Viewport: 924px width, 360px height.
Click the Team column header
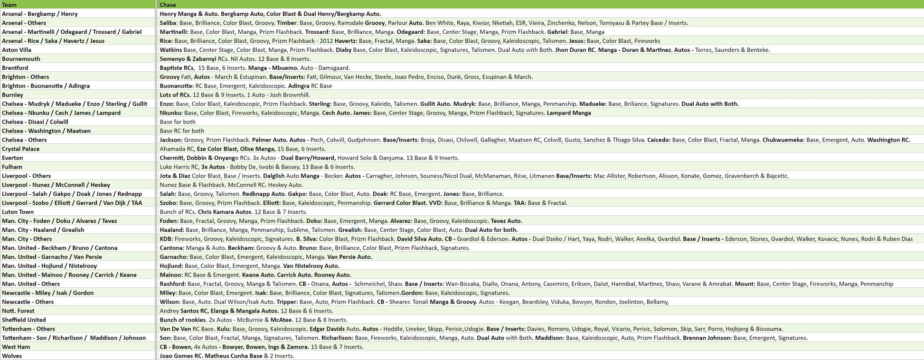coord(9,5)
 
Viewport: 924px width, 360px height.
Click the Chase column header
coord(168,5)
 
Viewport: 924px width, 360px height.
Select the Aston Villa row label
coord(17,50)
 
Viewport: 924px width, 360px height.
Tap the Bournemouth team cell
coord(21,59)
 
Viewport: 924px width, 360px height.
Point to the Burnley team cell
coord(12,95)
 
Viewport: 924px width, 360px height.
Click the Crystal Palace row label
coord(21,149)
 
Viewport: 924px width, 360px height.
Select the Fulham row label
coord(12,167)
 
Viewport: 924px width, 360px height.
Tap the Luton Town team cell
coord(18,212)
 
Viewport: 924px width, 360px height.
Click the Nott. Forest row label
coord(18,311)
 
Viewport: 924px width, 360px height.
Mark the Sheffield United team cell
coord(24,320)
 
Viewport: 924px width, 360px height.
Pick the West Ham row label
coord(16,347)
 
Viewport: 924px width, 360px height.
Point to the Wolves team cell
coord(12,356)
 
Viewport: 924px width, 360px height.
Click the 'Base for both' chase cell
coord(178,122)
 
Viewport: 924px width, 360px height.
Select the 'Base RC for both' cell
coord(182,131)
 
